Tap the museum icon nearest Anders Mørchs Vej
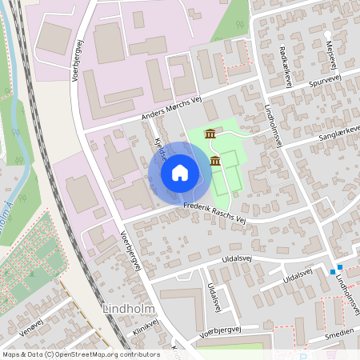[x=210, y=133]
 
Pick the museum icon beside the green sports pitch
[x=215, y=162]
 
